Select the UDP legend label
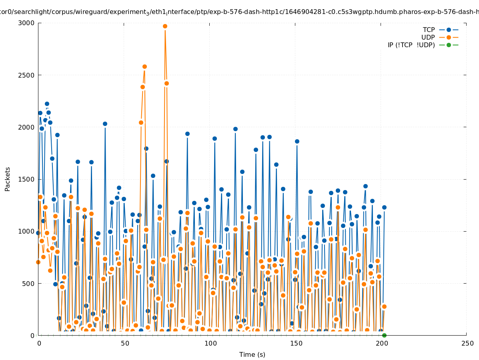428,37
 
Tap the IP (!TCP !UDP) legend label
411,45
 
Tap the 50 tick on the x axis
124,344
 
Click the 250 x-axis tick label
467,344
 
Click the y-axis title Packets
8,179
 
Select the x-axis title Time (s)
252,354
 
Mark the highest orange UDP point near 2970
165,26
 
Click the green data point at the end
384,335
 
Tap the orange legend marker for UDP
449,37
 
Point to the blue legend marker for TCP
449,30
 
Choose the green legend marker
449,45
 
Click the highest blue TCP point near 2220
47,104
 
